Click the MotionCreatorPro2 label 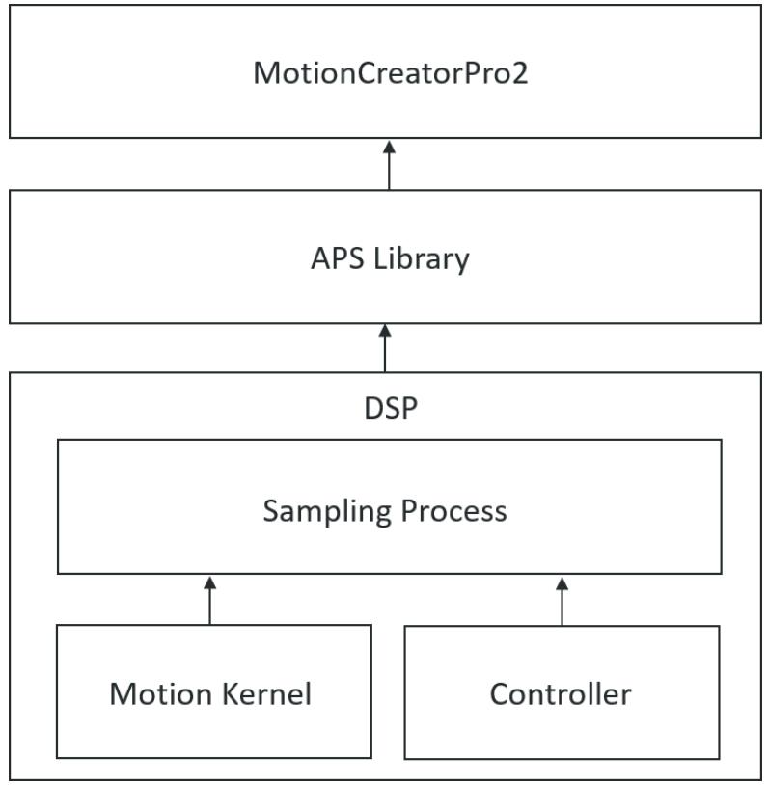click(x=390, y=73)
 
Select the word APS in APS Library click(x=337, y=258)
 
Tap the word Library click(x=422, y=259)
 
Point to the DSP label click(x=391, y=408)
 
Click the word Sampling click(x=327, y=512)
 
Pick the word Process click(x=453, y=511)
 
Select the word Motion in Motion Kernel click(x=160, y=694)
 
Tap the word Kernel click(x=266, y=693)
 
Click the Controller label click(x=561, y=694)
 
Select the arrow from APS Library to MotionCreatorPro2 click(x=389, y=165)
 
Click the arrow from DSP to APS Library click(x=385, y=348)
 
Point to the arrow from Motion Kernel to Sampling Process click(x=210, y=600)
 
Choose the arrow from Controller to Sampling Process click(x=562, y=601)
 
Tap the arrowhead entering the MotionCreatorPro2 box click(x=389, y=148)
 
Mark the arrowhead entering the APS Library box click(x=385, y=331)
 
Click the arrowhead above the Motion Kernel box click(x=210, y=582)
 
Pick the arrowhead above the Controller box click(x=562, y=583)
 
